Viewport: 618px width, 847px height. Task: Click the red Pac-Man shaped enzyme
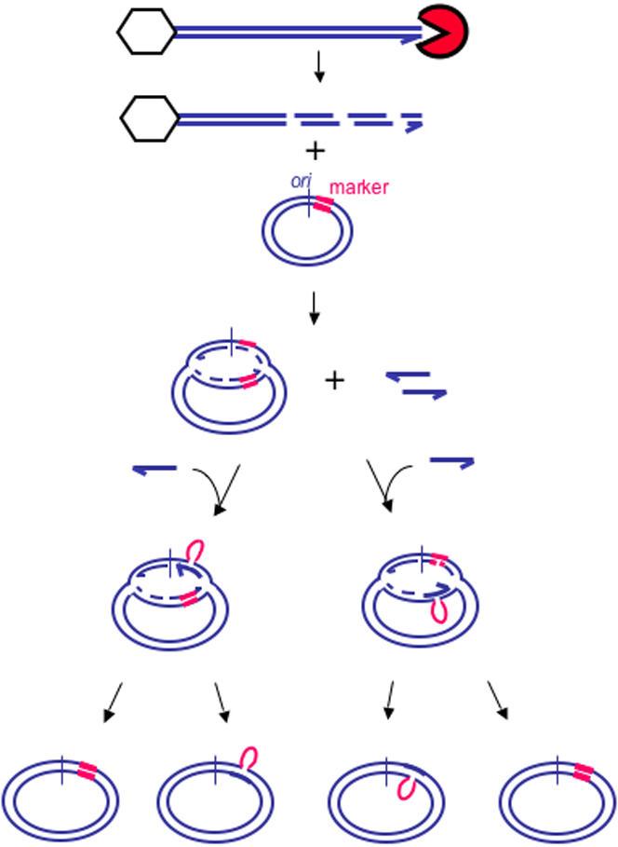[x=441, y=34]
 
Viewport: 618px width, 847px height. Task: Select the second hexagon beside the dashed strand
[x=149, y=119]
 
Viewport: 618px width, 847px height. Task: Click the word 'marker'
[x=357, y=185]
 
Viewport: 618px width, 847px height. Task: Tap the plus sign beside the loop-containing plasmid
[x=334, y=379]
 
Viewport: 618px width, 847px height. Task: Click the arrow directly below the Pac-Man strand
[x=318, y=66]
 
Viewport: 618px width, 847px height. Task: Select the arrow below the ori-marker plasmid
[x=315, y=308]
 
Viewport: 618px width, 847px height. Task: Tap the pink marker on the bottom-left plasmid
[x=87, y=771]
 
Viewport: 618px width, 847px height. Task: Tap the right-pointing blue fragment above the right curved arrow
[x=452, y=459]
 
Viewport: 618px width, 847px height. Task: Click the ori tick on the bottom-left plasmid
[x=61, y=771]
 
